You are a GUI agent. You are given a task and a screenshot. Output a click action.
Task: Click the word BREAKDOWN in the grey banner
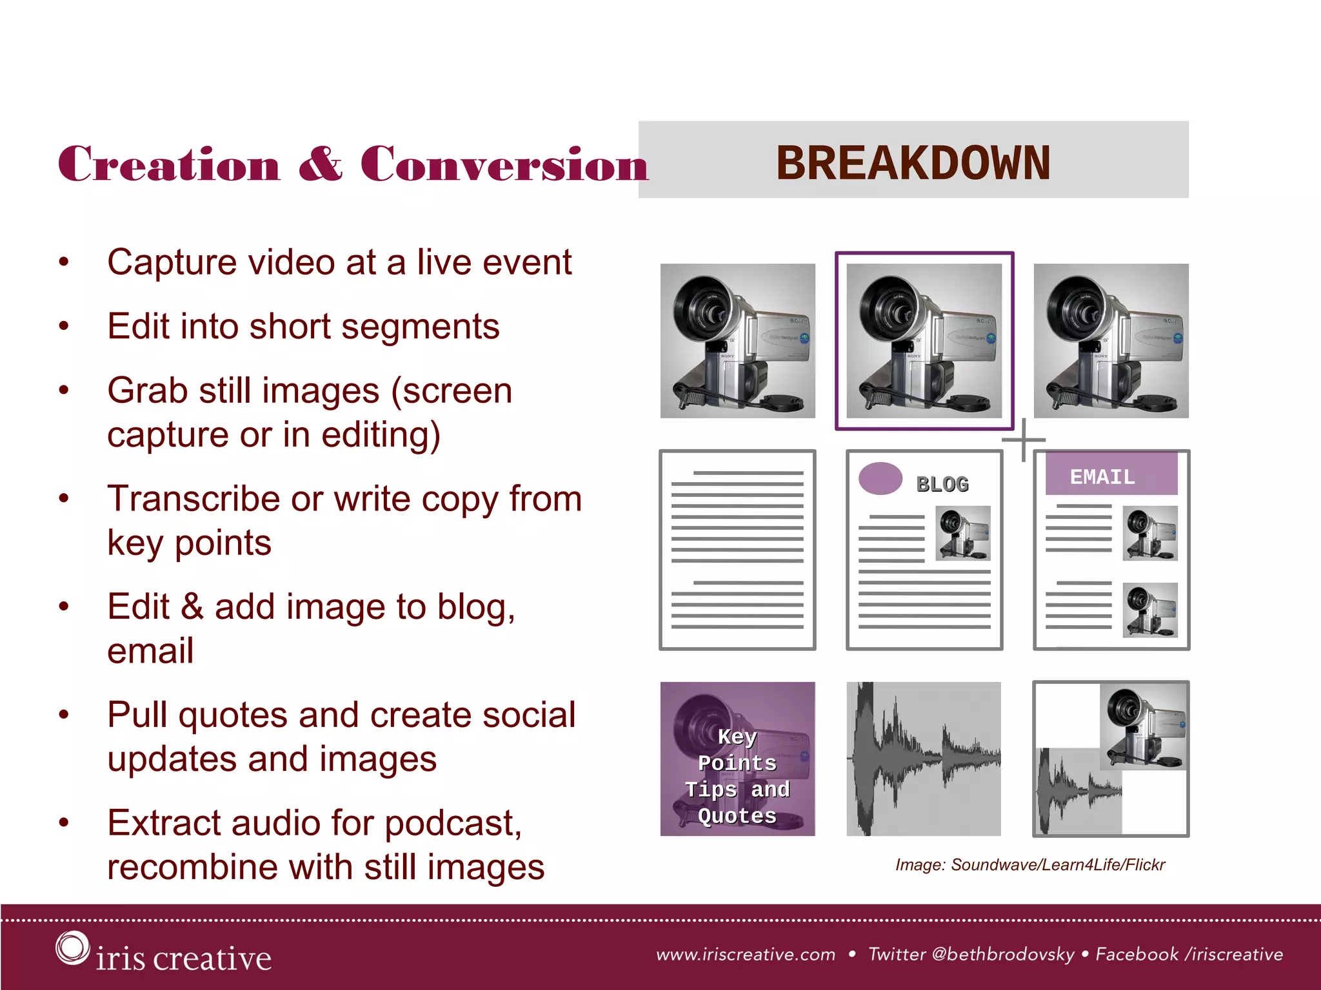tap(913, 162)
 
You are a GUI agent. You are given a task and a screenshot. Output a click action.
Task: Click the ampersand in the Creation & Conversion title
tap(321, 164)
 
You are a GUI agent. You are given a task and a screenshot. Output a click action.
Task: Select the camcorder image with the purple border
tap(924, 340)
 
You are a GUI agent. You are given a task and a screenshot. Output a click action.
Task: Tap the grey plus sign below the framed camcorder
tap(1024, 440)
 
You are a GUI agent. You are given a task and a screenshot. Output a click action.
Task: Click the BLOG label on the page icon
tap(942, 484)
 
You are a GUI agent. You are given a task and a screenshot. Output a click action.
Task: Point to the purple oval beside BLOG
tap(880, 478)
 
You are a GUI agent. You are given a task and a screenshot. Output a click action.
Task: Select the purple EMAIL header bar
tap(1111, 475)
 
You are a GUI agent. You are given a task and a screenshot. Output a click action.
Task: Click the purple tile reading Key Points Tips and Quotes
tap(737, 759)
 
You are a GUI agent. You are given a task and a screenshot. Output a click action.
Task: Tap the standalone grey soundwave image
tap(924, 759)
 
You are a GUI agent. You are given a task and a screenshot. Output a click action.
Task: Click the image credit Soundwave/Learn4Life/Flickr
tap(1058, 864)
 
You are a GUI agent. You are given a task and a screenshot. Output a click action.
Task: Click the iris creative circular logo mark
tap(72, 947)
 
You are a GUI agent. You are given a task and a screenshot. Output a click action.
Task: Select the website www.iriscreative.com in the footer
tap(746, 954)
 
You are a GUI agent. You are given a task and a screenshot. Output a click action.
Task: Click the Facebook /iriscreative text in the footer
tap(1189, 954)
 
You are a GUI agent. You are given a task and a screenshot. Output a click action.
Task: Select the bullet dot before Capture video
tap(63, 262)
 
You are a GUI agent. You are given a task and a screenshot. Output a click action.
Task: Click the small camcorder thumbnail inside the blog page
tap(962, 533)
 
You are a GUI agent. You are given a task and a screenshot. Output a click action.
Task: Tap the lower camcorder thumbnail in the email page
tap(1149, 610)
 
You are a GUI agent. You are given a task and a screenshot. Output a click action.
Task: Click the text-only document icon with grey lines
tap(737, 550)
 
